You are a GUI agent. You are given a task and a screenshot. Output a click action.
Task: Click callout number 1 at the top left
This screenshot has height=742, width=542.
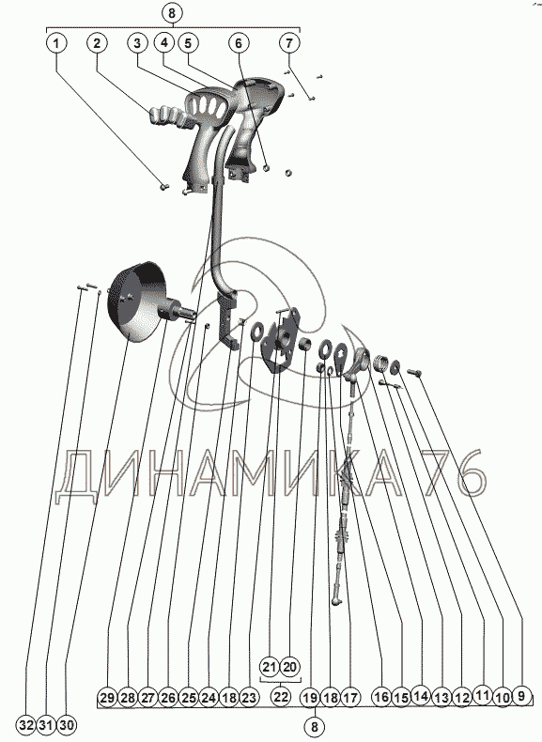pyautogui.click(x=56, y=44)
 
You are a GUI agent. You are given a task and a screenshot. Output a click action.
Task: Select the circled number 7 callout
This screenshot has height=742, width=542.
pyautogui.click(x=289, y=43)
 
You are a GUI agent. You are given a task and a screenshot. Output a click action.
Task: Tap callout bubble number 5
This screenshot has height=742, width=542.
pyautogui.click(x=188, y=43)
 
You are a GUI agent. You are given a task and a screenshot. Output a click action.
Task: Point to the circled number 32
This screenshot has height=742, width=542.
pyautogui.click(x=27, y=724)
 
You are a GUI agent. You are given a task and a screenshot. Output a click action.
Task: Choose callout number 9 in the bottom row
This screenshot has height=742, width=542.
pyautogui.click(x=521, y=696)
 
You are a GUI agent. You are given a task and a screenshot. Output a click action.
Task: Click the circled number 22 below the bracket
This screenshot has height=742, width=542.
pyautogui.click(x=281, y=697)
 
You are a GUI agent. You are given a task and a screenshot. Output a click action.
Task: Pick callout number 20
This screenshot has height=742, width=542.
pyautogui.click(x=290, y=667)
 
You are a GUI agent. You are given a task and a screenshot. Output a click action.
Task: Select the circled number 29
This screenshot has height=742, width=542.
pyautogui.click(x=107, y=698)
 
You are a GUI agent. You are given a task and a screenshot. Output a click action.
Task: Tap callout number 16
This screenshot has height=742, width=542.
pyautogui.click(x=381, y=697)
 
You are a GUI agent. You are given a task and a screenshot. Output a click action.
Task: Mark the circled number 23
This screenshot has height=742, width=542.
pyautogui.click(x=249, y=698)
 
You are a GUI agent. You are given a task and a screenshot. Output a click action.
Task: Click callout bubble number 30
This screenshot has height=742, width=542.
pyautogui.click(x=67, y=724)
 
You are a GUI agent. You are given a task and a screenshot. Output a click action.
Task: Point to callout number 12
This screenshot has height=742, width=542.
pyautogui.click(x=461, y=698)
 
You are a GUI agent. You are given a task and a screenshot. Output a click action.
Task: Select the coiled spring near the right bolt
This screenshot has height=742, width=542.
pyautogui.click(x=380, y=363)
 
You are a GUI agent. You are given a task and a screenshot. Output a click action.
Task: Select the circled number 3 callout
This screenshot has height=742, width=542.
pyautogui.click(x=137, y=43)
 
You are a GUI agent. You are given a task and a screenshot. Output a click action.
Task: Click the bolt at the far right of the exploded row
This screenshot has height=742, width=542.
pyautogui.click(x=413, y=373)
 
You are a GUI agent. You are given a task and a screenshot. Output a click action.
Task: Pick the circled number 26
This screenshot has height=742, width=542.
pyautogui.click(x=168, y=698)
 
